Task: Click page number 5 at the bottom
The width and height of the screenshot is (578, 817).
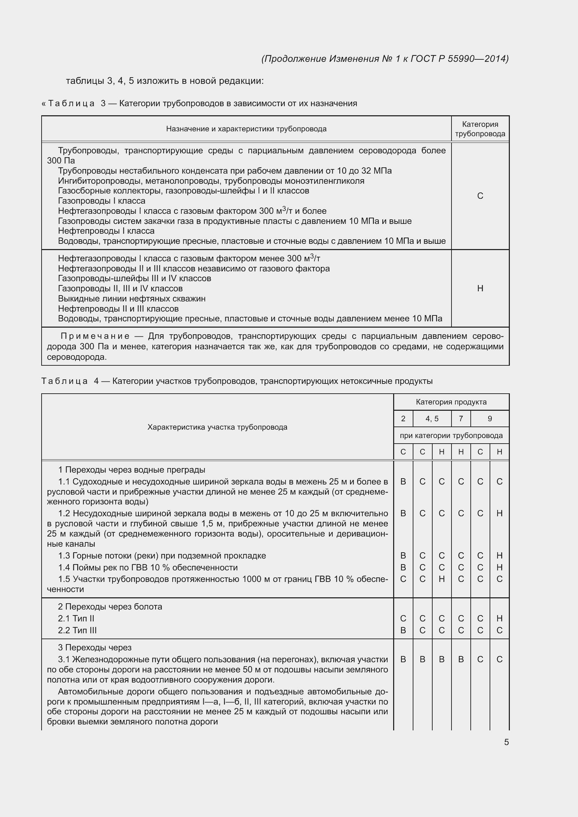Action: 506,742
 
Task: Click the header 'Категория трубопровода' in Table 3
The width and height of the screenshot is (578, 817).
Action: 480,129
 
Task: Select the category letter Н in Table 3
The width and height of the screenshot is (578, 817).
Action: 480,288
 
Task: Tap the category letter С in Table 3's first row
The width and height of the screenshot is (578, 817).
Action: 480,196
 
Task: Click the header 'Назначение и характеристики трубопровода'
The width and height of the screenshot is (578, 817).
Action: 246,129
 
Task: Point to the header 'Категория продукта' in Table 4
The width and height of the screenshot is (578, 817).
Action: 451,402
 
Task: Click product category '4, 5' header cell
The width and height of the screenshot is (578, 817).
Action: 432,419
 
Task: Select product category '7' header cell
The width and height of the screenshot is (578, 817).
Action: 461,419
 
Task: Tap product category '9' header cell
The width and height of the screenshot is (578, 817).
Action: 490,419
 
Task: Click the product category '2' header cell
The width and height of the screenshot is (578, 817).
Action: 403,419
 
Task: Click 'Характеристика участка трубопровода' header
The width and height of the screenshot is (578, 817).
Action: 217,427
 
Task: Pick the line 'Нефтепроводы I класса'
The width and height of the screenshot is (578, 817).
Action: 106,231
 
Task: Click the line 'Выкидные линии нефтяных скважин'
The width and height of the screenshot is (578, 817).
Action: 132,299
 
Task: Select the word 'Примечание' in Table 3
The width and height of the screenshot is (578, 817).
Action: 95,336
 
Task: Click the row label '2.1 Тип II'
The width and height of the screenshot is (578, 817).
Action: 76,619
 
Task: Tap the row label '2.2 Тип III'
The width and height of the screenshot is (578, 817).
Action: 77,630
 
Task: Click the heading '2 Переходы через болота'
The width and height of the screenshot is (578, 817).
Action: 110,607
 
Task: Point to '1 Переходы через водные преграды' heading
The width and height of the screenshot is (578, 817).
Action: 131,470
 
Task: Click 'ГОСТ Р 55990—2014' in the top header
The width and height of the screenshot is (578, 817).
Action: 459,59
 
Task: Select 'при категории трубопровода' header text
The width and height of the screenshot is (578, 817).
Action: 451,436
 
